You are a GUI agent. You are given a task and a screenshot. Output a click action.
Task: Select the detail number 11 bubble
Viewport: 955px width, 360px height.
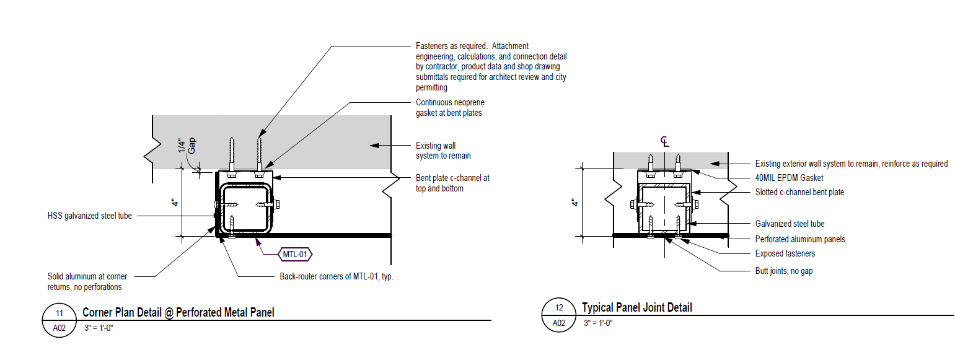pyautogui.click(x=59, y=312)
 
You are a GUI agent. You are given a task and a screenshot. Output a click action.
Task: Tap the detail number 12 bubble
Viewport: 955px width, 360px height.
pyautogui.click(x=559, y=308)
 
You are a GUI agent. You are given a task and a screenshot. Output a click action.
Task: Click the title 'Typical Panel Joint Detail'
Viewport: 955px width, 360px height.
pyautogui.click(x=636, y=308)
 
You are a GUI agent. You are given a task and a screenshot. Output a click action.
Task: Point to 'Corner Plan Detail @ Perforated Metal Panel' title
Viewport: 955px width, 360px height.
pyautogui.click(x=178, y=312)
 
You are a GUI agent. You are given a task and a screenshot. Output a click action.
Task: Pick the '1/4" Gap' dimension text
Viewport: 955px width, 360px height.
pyautogui.click(x=187, y=146)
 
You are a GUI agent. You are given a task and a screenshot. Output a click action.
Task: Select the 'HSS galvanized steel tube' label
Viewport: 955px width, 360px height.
pyautogui.click(x=90, y=216)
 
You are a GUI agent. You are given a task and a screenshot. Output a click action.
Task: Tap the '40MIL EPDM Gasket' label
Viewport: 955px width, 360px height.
pyautogui.click(x=790, y=178)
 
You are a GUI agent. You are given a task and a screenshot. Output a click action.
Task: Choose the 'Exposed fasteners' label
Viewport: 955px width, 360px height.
pyautogui.click(x=785, y=253)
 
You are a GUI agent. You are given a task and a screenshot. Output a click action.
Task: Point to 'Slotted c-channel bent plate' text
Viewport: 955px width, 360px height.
pyautogui.click(x=799, y=192)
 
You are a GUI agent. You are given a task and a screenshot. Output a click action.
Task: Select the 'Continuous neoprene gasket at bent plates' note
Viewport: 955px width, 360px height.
pyautogui.click(x=449, y=107)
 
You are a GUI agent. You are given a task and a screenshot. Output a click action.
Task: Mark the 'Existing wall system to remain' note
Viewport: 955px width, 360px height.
pyautogui.click(x=443, y=151)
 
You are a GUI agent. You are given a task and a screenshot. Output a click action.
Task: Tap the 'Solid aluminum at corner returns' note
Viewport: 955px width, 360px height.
pyautogui.click(x=85, y=282)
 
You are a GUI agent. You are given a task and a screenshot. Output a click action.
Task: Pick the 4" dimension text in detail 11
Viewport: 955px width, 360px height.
pyautogui.click(x=175, y=203)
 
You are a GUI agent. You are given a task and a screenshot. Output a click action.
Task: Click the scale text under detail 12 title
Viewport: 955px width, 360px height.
pyautogui.click(x=599, y=323)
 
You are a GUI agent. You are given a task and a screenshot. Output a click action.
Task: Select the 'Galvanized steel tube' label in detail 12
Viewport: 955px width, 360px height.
pyautogui.click(x=790, y=224)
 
